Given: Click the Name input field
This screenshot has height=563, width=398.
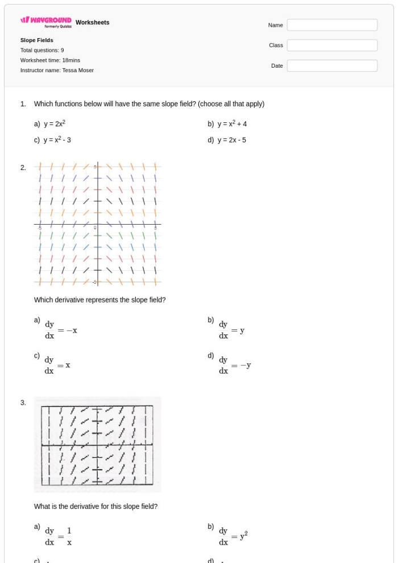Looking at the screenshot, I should point(331,25).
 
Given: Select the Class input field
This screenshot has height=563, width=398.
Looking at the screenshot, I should point(331,45).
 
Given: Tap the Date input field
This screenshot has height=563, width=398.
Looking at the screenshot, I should point(331,66).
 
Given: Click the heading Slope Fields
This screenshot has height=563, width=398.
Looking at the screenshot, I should point(37,40).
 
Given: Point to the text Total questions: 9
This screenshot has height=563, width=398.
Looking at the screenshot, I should point(42,50).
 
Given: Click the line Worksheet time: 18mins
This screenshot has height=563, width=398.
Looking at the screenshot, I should point(50,60).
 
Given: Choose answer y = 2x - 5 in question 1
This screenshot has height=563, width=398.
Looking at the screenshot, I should point(231,140).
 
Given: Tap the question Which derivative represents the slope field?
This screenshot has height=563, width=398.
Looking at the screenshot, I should point(100,300).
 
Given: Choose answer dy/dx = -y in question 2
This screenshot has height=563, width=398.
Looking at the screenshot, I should point(235,365).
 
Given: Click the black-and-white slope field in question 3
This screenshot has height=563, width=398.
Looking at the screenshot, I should point(97,444).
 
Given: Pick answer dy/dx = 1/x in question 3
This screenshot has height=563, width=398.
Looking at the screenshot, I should point(59,536).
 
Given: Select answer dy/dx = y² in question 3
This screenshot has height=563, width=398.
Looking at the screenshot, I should point(233,536).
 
